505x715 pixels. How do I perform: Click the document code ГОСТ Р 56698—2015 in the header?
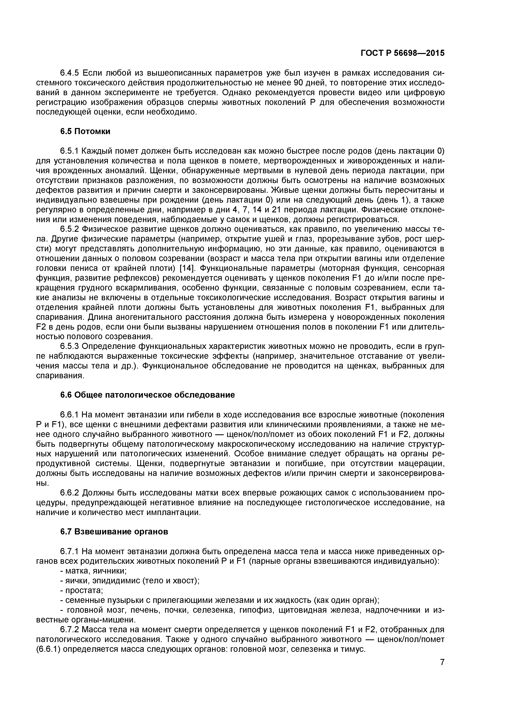[402, 53]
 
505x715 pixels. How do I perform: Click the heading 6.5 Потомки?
[85, 131]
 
